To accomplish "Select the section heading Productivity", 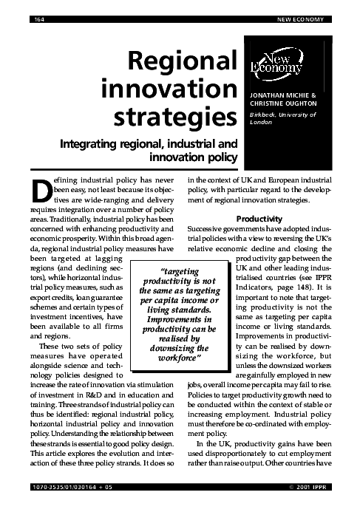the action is point(260,219).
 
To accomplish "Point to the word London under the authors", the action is point(262,123).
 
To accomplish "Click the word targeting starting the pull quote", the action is point(178,273).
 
